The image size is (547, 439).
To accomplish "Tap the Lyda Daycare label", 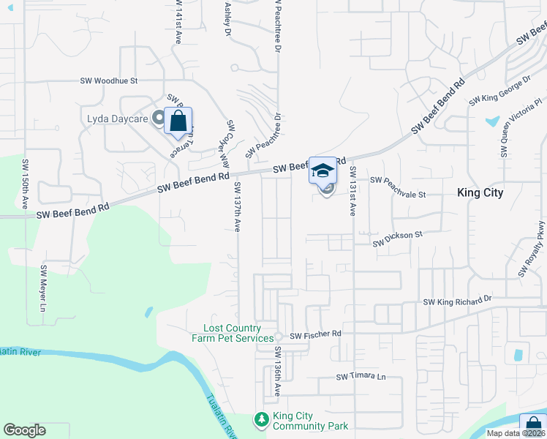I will (116, 119).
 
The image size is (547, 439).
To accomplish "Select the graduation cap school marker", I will (322, 170).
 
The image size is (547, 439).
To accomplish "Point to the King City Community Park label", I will (310, 421).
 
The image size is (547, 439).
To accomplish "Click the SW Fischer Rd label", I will (315, 336).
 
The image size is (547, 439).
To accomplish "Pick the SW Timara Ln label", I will (361, 378).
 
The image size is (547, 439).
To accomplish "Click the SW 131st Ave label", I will (352, 190).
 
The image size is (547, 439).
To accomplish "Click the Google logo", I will (24, 431).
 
